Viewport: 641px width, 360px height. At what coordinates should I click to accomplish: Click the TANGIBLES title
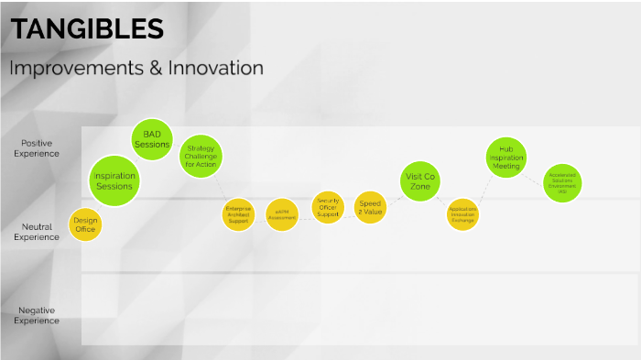[87, 29]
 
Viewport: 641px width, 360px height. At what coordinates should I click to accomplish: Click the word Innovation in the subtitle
[216, 69]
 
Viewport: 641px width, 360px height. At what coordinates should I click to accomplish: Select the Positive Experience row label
[37, 148]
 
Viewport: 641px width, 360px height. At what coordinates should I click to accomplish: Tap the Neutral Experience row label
[37, 232]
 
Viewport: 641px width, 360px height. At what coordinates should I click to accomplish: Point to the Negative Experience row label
[37, 316]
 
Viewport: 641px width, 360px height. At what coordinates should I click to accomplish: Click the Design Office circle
[85, 224]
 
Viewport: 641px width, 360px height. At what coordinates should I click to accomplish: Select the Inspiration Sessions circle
[114, 180]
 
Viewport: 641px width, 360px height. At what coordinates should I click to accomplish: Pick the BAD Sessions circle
[152, 139]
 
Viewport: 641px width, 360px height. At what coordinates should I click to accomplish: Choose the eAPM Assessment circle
[282, 215]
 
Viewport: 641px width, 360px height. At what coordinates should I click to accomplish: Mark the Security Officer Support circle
[328, 206]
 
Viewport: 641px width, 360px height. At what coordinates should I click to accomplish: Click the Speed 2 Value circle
[370, 208]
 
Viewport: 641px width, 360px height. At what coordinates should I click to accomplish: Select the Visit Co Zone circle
[420, 180]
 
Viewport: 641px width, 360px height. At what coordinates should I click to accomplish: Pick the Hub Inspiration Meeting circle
[505, 157]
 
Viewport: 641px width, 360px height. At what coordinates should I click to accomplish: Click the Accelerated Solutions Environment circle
[562, 182]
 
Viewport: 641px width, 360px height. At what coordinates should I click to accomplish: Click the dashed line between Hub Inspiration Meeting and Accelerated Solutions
[534, 169]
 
